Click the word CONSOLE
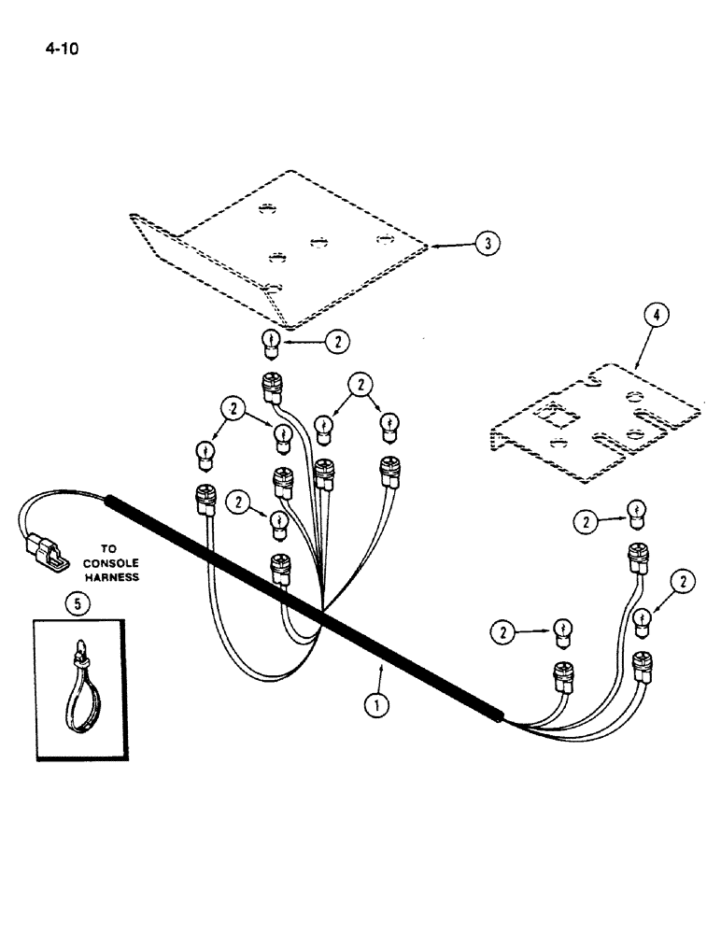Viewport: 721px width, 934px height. pyautogui.click(x=110, y=563)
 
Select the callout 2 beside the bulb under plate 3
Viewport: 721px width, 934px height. pyautogui.click(x=337, y=343)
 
